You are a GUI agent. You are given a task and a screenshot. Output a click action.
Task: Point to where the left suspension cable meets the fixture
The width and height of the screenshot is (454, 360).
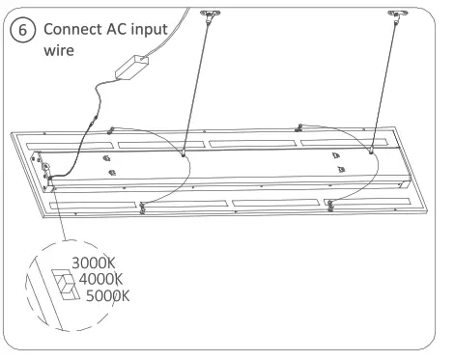184,151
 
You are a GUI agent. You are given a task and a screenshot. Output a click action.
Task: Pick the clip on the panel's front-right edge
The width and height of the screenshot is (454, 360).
330,204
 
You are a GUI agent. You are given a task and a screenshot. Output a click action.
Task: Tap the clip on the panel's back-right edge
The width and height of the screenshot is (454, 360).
301,125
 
